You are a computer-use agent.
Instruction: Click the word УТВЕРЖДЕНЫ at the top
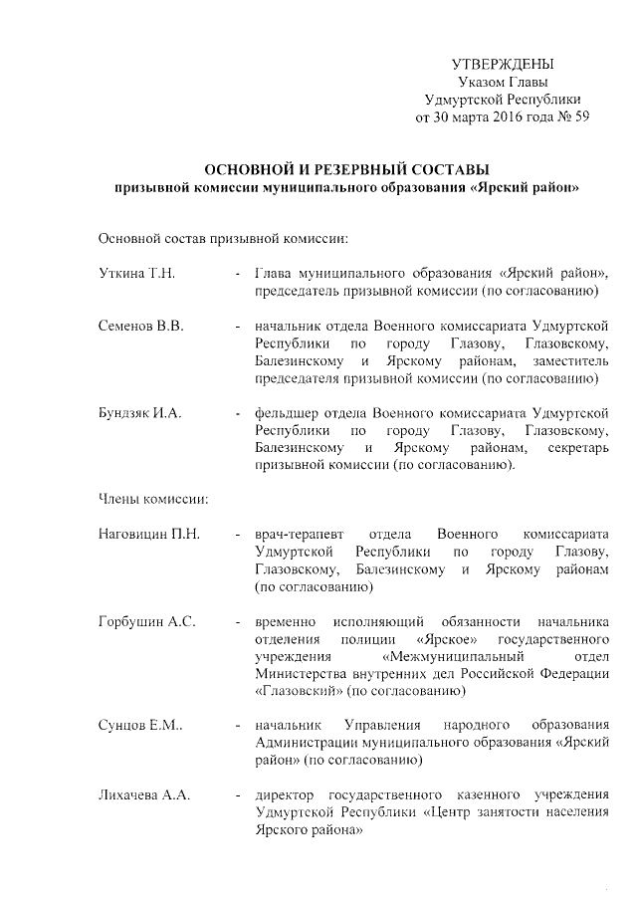click(x=502, y=64)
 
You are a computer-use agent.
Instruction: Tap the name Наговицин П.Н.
click(x=150, y=535)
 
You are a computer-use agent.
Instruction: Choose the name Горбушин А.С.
click(x=146, y=621)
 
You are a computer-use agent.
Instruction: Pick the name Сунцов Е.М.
click(x=140, y=725)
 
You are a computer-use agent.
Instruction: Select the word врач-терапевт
click(x=297, y=535)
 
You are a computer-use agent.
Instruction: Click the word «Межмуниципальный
click(x=453, y=656)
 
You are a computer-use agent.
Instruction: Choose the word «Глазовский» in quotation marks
click(x=298, y=690)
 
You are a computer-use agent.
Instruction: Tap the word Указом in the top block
click(x=478, y=82)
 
